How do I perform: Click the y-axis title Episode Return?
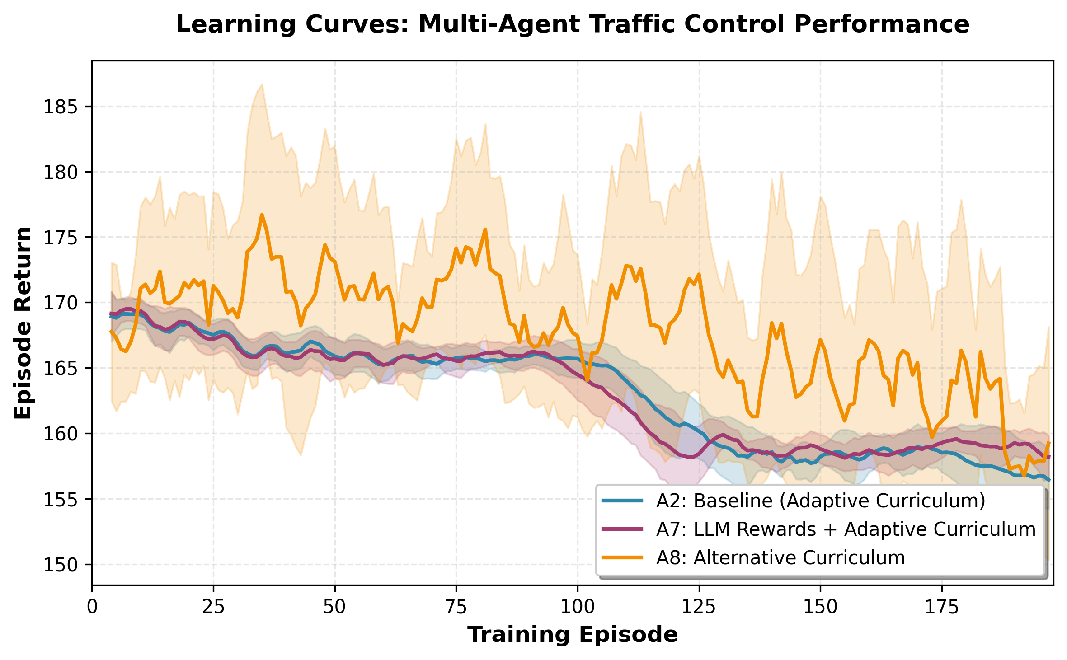point(23,323)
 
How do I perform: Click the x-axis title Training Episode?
point(572,635)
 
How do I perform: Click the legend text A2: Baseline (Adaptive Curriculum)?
point(821,501)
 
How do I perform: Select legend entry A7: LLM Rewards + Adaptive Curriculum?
point(846,529)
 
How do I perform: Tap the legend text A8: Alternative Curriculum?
point(780,558)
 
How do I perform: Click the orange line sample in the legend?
point(622,558)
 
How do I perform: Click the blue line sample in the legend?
point(622,501)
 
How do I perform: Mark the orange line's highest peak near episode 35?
point(262,215)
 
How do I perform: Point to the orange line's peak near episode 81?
point(485,229)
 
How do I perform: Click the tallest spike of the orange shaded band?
point(262,84)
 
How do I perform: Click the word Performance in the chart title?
point(881,24)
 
